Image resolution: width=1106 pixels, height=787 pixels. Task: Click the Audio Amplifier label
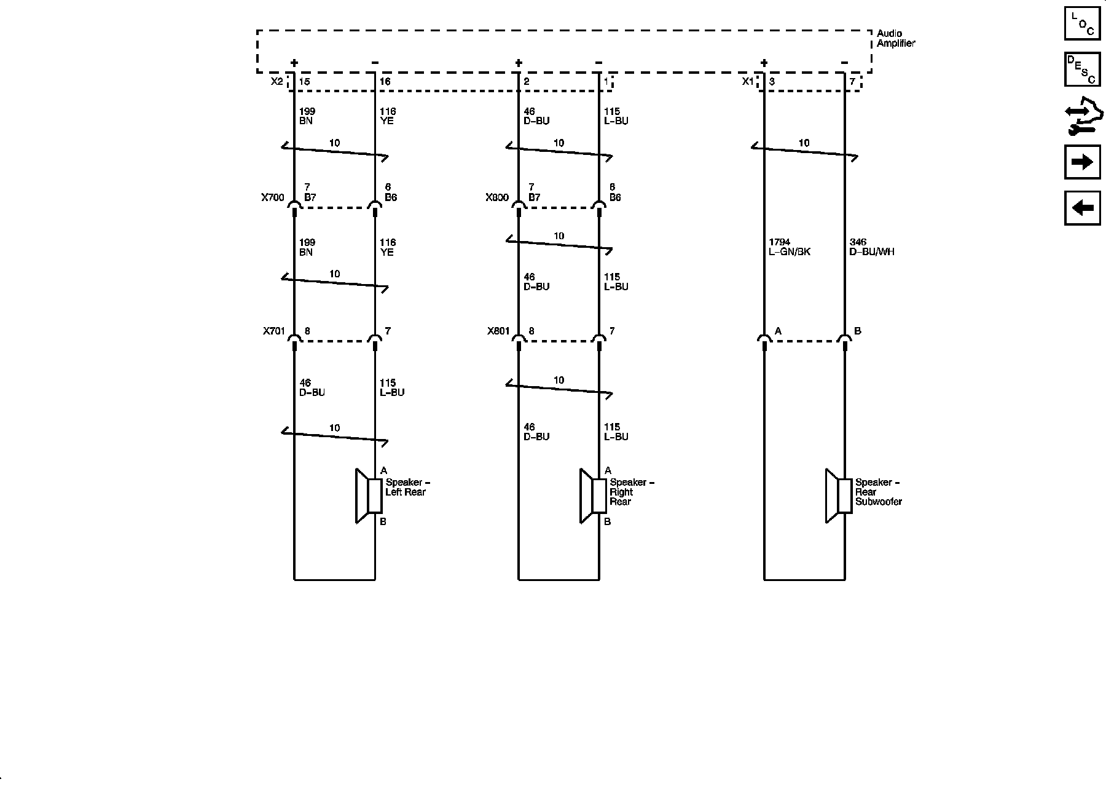tap(895, 38)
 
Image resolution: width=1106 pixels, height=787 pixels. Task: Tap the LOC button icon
tap(1082, 23)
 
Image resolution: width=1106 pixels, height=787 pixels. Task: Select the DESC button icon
tap(1082, 69)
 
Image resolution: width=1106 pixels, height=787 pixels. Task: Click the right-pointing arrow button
tap(1082, 162)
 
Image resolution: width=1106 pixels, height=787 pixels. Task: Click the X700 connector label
tap(273, 197)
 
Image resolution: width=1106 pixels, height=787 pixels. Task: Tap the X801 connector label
tap(498, 331)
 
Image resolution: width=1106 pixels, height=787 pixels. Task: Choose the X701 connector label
tap(274, 331)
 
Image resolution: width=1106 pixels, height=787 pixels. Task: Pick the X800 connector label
tap(497, 197)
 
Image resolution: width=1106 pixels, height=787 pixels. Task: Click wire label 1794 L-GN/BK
tap(790, 247)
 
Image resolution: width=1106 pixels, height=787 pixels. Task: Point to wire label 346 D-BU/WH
tap(871, 247)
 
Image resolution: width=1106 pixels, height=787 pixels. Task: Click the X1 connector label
tap(747, 81)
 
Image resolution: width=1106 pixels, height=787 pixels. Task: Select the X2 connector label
tap(277, 81)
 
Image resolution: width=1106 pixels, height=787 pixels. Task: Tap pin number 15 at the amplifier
tap(304, 81)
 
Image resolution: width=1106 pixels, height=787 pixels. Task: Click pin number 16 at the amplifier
tap(385, 81)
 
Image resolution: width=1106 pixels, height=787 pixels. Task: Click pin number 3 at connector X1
tap(772, 81)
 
